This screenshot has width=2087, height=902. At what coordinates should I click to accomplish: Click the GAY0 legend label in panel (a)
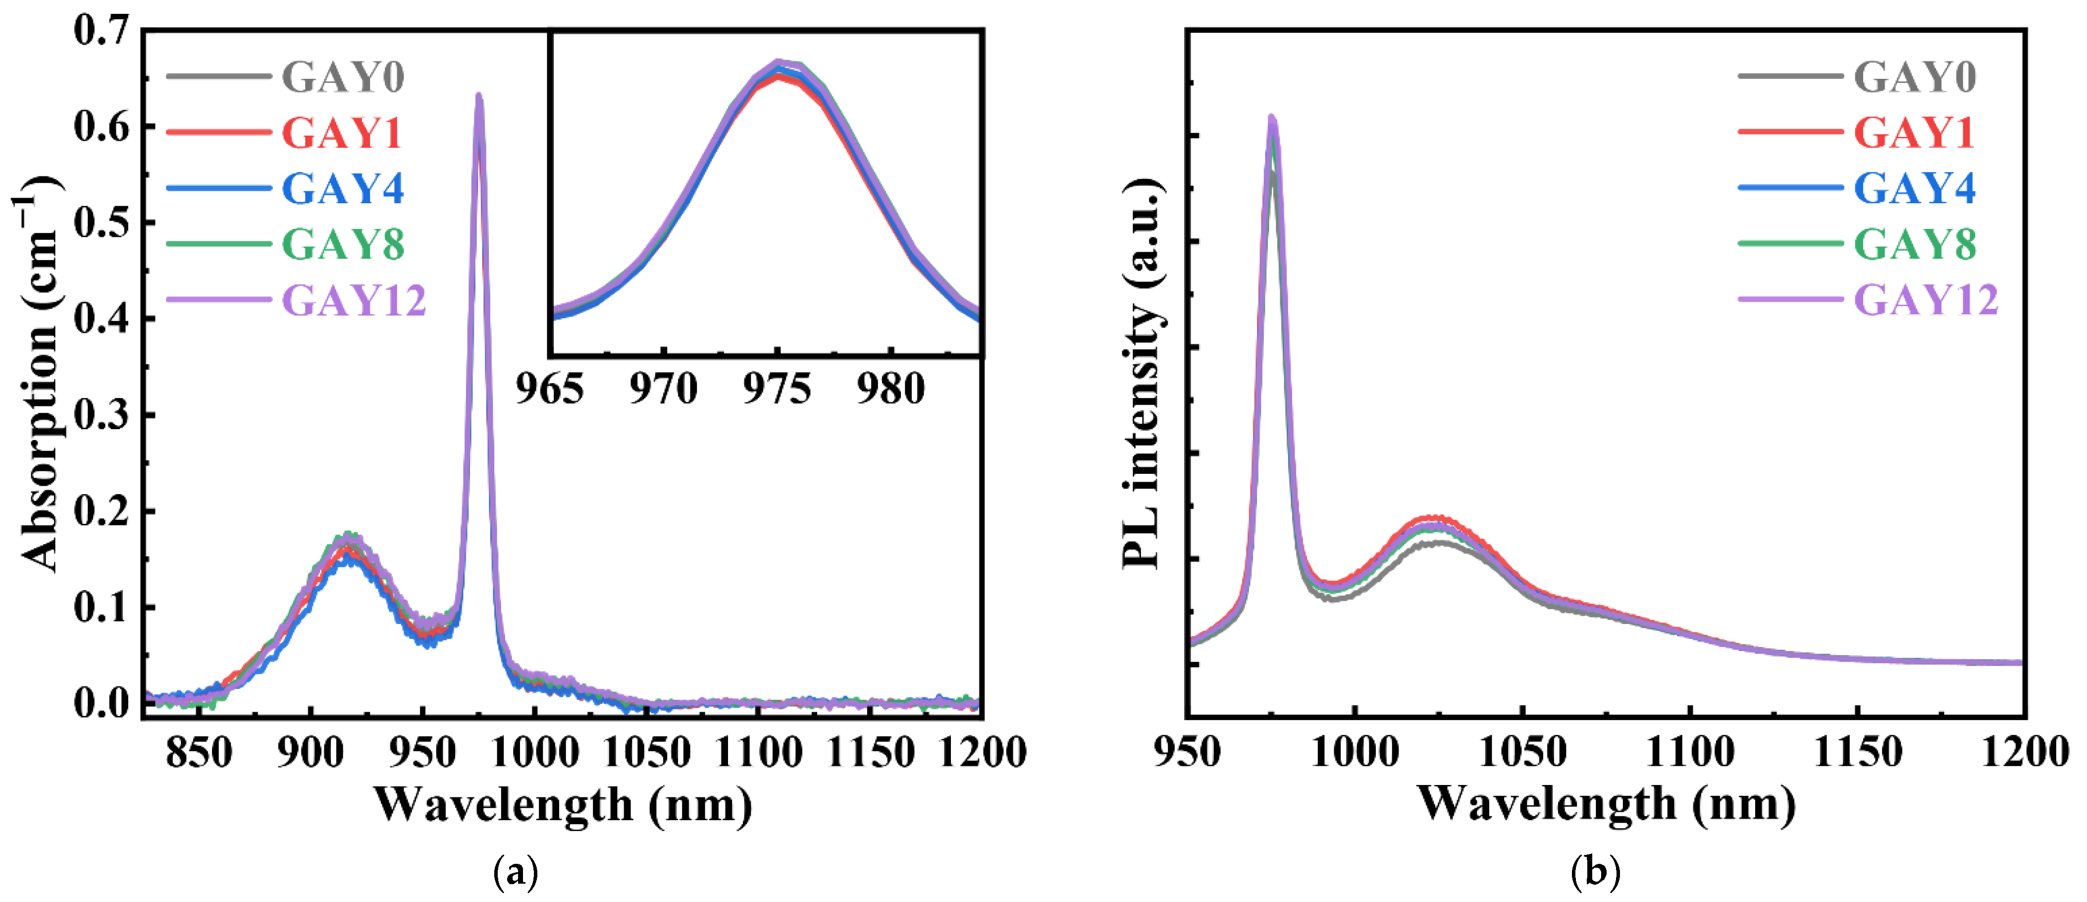pyautogui.click(x=343, y=78)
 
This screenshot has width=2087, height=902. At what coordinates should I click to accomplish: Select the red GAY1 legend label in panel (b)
pyautogui.click(x=1914, y=133)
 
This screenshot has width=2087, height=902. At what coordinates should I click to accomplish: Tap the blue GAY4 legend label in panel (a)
pyautogui.click(x=343, y=189)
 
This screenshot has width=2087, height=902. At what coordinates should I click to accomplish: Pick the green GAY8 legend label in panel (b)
pyautogui.click(x=1915, y=244)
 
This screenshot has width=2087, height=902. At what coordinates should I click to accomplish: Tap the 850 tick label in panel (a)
pyautogui.click(x=199, y=753)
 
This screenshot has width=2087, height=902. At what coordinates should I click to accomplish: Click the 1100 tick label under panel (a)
pyautogui.click(x=758, y=753)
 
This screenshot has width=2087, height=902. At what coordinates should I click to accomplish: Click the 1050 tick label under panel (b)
pyautogui.click(x=1522, y=753)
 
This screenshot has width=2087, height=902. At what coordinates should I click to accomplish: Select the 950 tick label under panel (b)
pyautogui.click(x=1187, y=753)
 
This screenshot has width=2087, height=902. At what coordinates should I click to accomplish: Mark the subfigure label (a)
pyautogui.click(x=515, y=873)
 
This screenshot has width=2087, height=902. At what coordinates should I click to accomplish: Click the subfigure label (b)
pyautogui.click(x=1595, y=873)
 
